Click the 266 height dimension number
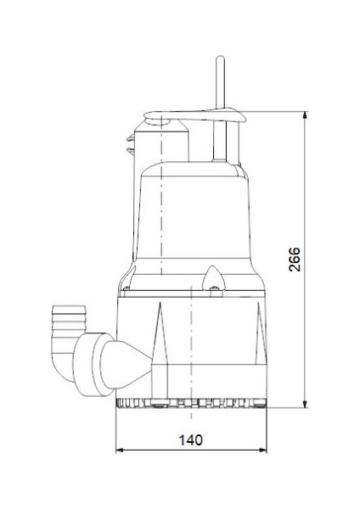click(293, 259)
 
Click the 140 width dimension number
click(192, 440)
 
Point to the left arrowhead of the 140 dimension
click(119, 450)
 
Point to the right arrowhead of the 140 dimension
click(267, 450)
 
